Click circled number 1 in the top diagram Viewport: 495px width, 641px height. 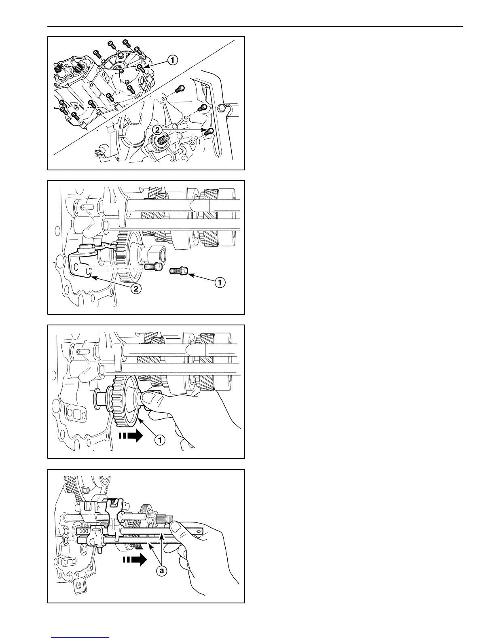(x=172, y=60)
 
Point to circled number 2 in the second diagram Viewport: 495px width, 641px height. (x=136, y=289)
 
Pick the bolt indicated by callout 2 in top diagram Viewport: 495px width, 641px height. (x=209, y=131)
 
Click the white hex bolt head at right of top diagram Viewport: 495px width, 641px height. (x=220, y=108)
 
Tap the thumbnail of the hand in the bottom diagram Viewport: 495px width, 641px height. (x=176, y=525)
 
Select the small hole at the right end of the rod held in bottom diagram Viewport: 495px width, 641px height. (x=198, y=531)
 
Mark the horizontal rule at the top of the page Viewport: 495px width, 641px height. (x=255, y=27)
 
